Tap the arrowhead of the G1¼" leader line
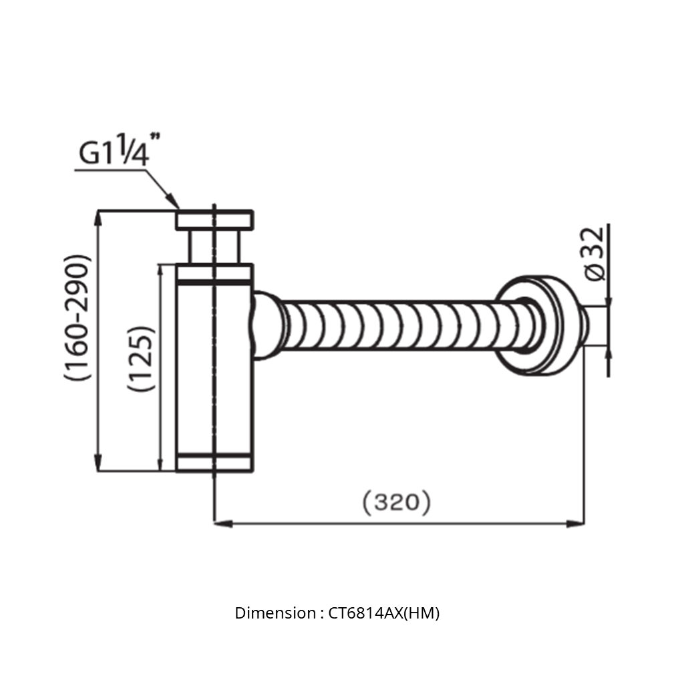175,204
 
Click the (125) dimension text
142,359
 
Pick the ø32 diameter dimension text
593,253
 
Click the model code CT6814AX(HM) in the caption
384,613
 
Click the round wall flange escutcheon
534,325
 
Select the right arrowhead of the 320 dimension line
578,524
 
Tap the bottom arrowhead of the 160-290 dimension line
99,465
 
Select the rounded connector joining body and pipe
265,325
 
